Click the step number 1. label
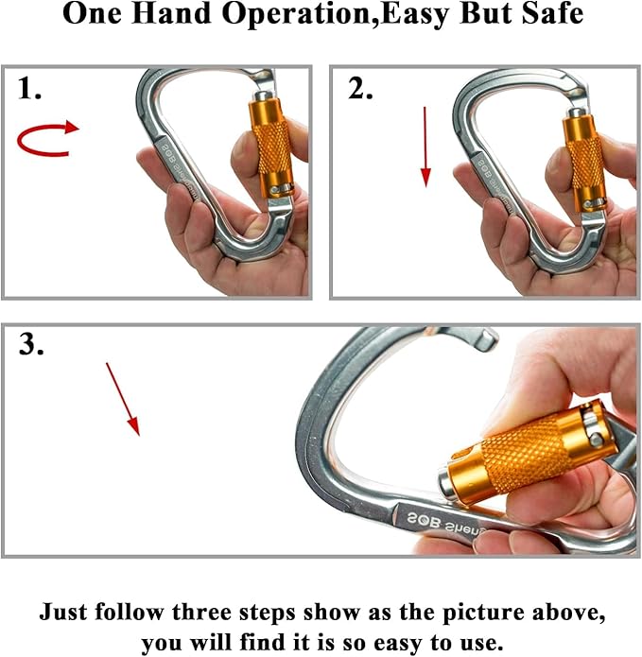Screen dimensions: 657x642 click(30, 91)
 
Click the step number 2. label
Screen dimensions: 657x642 click(359, 90)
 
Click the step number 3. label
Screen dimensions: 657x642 click(32, 346)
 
